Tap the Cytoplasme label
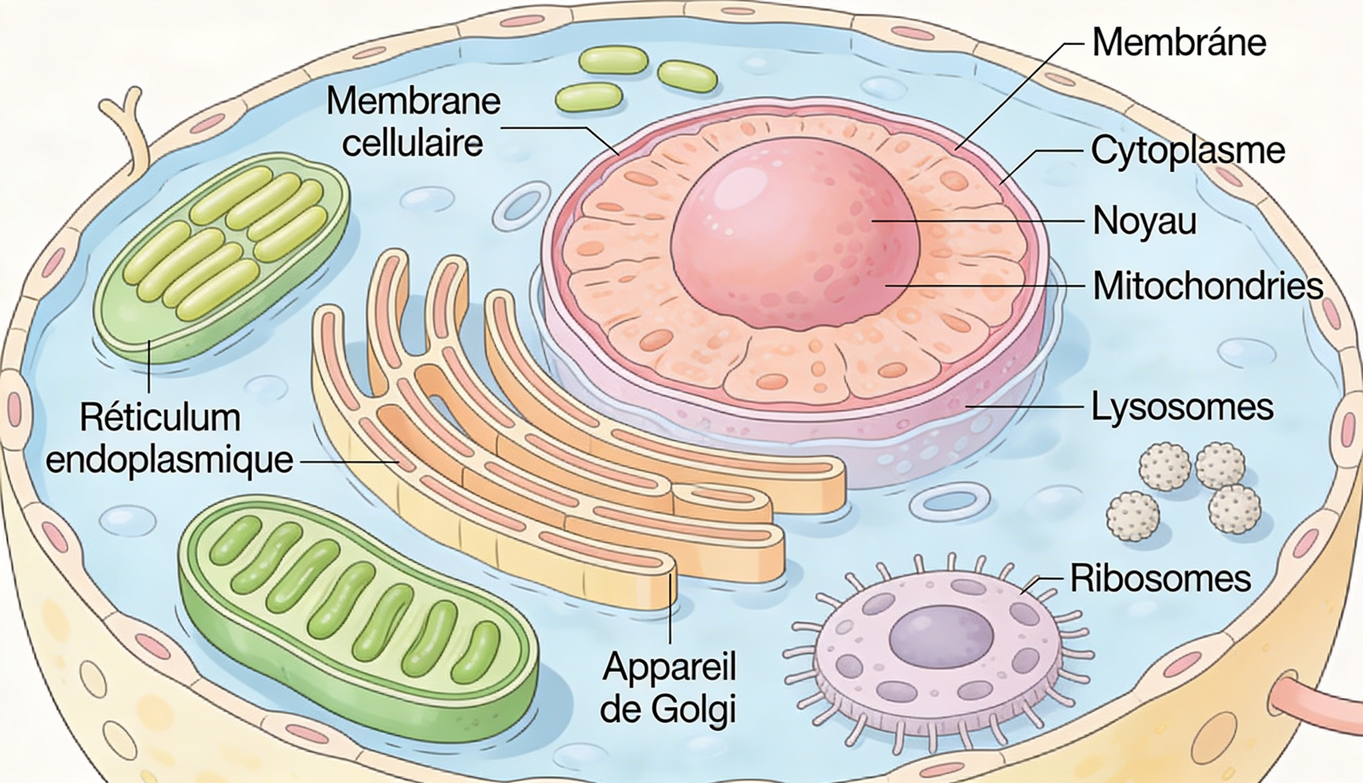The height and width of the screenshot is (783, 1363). (x=1188, y=151)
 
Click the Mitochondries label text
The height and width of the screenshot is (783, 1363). (x=1208, y=286)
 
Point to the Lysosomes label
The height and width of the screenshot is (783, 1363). (x=1182, y=407)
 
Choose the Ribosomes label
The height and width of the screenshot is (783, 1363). (x=1160, y=579)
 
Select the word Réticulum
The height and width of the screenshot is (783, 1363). (x=160, y=418)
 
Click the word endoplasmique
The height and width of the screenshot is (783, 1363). (x=169, y=460)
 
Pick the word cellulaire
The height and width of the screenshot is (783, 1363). (x=413, y=144)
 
